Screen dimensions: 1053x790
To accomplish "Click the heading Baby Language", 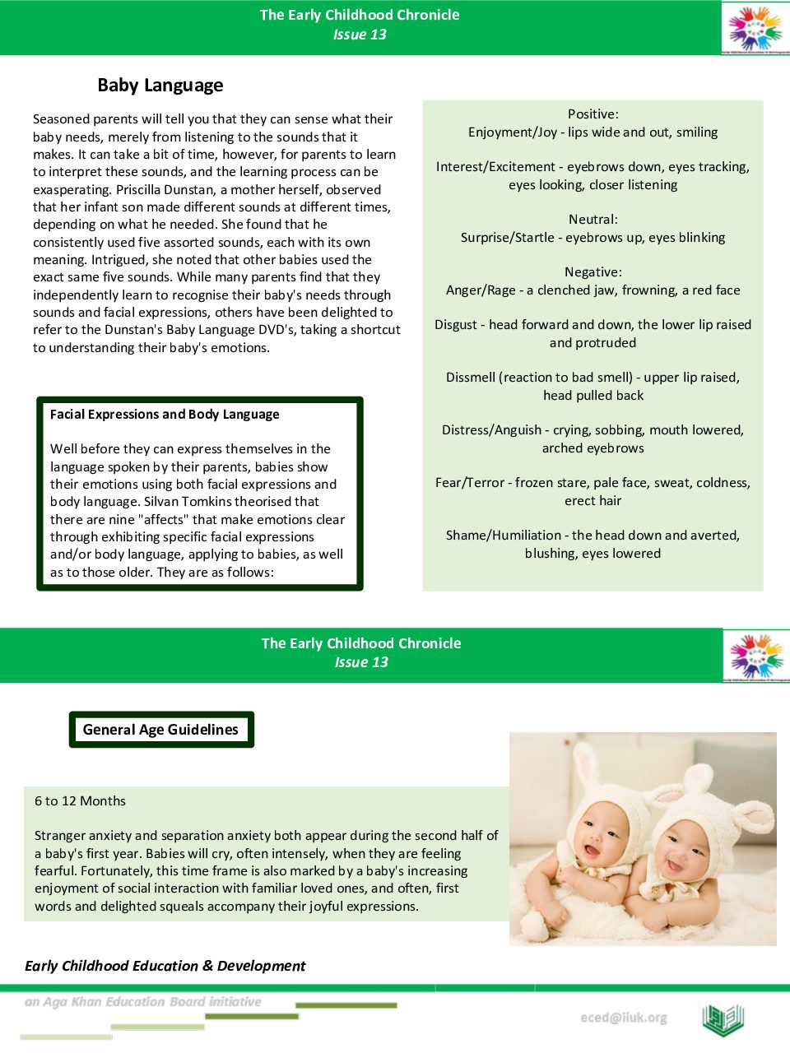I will click(160, 86).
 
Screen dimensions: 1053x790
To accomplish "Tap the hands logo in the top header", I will click(755, 29).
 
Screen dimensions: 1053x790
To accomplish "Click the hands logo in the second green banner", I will click(756, 656).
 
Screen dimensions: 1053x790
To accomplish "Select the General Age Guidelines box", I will click(160, 730).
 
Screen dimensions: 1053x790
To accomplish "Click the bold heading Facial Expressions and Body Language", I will click(165, 415).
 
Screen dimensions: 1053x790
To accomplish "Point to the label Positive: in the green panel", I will click(592, 114).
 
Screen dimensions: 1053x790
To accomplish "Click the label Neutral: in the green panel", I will click(592, 220).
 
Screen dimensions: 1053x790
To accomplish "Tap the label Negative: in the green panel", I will click(592, 272).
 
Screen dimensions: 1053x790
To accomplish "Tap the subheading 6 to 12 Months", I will click(80, 801).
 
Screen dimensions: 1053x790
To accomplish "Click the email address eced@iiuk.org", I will click(623, 1018).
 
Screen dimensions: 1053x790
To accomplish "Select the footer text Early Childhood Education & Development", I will click(165, 966).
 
